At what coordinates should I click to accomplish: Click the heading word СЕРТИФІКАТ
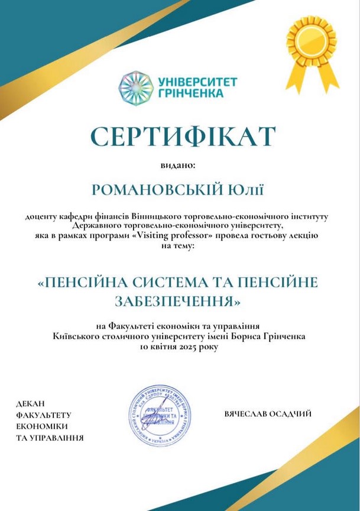point(180,135)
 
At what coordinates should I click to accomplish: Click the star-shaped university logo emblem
point(136,88)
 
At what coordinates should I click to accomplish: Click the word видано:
point(179,167)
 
